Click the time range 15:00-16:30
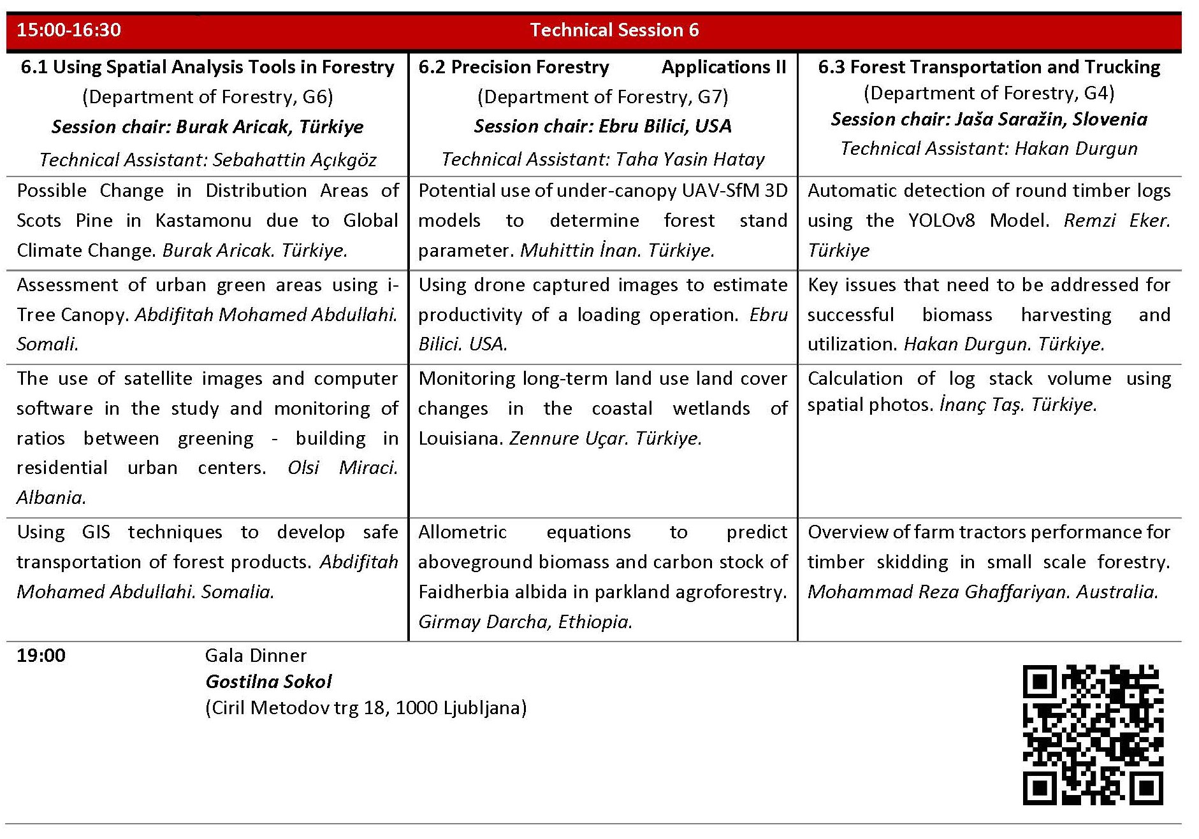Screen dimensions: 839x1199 click(69, 30)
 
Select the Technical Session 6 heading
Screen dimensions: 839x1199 click(614, 30)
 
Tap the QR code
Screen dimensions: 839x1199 click(1093, 735)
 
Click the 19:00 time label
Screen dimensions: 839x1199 click(41, 656)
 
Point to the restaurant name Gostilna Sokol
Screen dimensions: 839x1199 click(268, 682)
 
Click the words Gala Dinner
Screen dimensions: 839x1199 click(256, 656)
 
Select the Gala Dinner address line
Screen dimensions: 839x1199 click(366, 708)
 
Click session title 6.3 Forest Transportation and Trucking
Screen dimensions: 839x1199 click(989, 67)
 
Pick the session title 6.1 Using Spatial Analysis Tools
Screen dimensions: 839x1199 click(207, 67)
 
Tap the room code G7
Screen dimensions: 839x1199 click(709, 97)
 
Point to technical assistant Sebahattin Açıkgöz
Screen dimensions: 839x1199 click(294, 159)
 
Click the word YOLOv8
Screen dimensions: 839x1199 click(941, 220)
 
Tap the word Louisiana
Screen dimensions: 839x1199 click(459, 438)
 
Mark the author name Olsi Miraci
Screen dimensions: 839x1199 click(342, 468)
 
